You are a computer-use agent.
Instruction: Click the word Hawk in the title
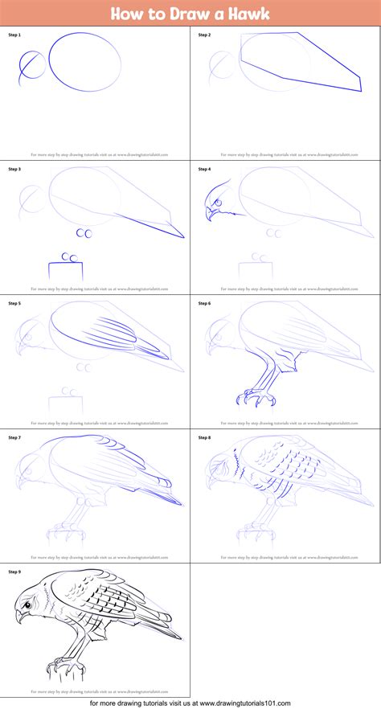coord(247,14)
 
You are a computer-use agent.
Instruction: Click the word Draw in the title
coord(183,14)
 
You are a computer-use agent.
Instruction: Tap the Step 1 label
coord(14,35)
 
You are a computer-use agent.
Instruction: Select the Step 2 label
coord(204,35)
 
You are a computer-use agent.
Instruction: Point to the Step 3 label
coord(14,170)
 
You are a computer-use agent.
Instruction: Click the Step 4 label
coord(204,170)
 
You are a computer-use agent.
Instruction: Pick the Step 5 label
coord(14,304)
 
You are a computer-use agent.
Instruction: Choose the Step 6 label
coord(204,304)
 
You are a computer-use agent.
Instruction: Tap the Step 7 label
coord(14,438)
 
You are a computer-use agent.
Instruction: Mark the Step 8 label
coord(204,438)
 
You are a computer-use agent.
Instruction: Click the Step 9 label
coord(14,572)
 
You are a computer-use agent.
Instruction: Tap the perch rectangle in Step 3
coord(65,272)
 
